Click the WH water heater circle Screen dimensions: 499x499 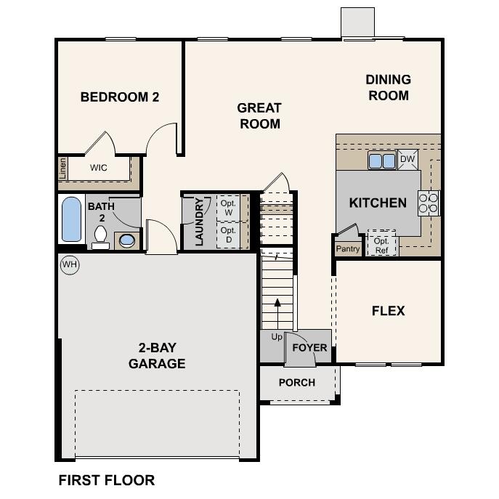tap(69, 264)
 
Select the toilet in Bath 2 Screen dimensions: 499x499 tap(100, 237)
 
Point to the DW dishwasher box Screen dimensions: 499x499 tap(407, 159)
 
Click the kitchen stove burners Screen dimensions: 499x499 tap(429, 203)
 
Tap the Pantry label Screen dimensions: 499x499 tap(348, 248)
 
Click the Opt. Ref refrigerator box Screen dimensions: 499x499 tap(381, 245)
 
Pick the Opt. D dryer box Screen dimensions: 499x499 tap(228, 235)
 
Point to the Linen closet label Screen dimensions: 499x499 tap(62, 169)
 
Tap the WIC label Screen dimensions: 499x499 tap(99, 168)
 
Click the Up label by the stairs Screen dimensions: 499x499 tap(277, 337)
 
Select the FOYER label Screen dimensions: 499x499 tap(309, 347)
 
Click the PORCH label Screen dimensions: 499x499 tap(297, 382)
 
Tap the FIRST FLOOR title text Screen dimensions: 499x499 tap(106, 480)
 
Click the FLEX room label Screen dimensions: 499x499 tap(388, 311)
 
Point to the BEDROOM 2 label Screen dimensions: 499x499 tap(120, 97)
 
